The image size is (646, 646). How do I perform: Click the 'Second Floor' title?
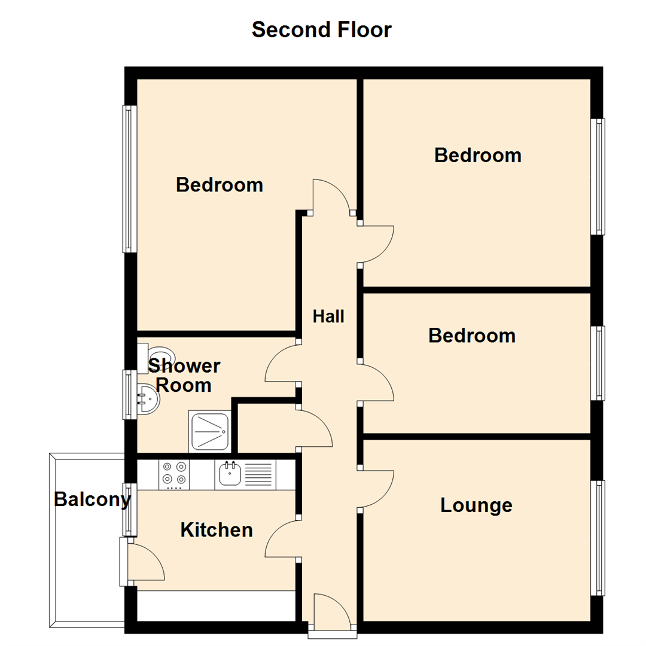point(321,29)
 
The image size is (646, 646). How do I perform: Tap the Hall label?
point(328,316)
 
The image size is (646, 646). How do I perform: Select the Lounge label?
point(476,505)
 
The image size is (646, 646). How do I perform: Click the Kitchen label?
point(217,530)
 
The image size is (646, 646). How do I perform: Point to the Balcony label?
point(92,499)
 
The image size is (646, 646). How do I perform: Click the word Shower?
point(184,365)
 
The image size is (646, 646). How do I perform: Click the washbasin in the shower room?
point(146,398)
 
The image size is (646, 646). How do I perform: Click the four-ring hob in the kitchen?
point(175,473)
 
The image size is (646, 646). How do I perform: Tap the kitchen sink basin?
point(230,474)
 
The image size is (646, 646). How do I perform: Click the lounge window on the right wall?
point(598,537)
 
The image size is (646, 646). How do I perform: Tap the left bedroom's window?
point(129,179)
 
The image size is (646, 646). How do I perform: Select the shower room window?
point(129,394)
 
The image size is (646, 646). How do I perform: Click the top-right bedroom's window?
point(598,176)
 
